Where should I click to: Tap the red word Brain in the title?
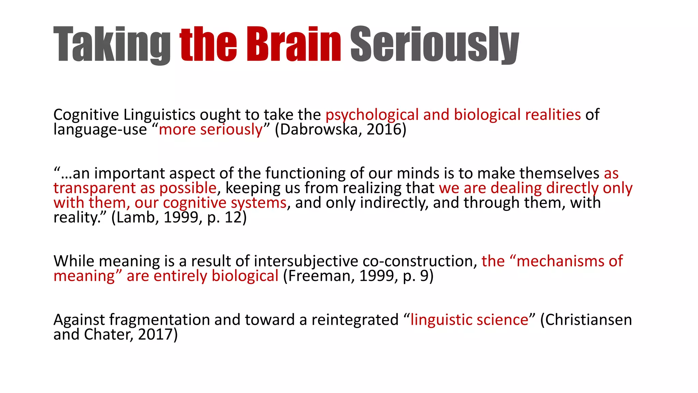tap(293, 44)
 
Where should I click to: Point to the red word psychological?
tap(372, 115)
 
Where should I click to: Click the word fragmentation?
tap(159, 320)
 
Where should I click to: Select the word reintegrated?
tap(355, 320)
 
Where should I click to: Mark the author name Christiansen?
tap(589, 320)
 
